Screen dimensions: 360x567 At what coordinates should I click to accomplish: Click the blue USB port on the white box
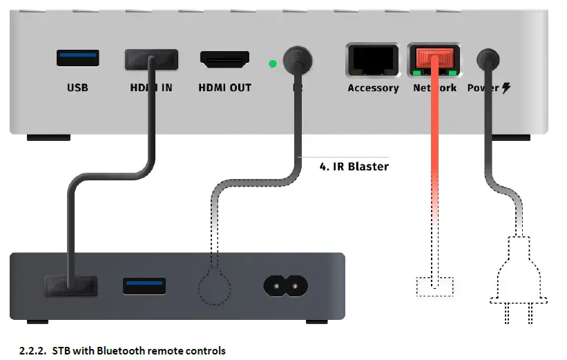[x=77, y=58]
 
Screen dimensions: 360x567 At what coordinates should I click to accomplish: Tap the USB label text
[x=77, y=88]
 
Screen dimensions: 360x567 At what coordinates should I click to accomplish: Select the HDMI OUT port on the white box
[x=224, y=59]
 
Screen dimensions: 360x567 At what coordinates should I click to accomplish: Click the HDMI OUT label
[x=224, y=88]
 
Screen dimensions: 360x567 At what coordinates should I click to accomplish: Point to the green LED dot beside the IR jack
[x=272, y=64]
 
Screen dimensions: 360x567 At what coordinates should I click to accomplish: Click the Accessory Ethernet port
[x=373, y=61]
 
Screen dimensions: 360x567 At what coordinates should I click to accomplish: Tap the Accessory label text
[x=373, y=88]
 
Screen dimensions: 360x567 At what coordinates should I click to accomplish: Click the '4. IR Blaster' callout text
[x=354, y=167]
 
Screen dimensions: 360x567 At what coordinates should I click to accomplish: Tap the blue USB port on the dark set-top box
[x=144, y=286]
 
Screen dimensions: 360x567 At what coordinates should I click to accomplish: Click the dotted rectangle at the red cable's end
[x=434, y=287]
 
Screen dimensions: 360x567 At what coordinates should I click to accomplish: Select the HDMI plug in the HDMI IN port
[x=151, y=60]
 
